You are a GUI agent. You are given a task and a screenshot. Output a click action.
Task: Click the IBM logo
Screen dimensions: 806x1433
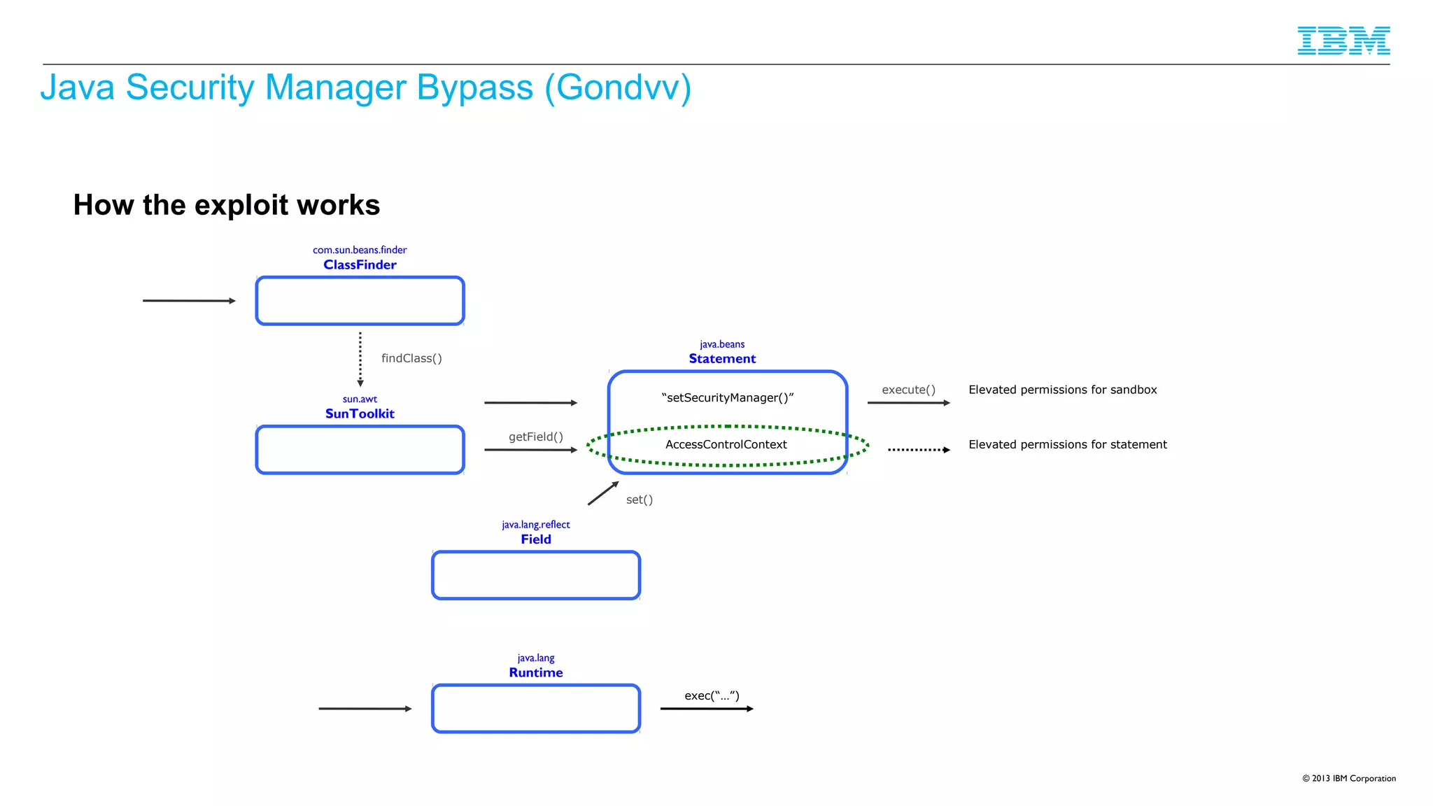click(x=1343, y=41)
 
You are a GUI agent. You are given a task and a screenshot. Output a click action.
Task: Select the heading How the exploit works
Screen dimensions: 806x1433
click(x=226, y=205)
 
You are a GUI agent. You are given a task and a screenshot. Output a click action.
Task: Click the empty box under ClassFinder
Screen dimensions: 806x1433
click(x=360, y=301)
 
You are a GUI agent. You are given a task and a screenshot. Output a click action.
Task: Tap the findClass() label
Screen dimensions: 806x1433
click(x=411, y=358)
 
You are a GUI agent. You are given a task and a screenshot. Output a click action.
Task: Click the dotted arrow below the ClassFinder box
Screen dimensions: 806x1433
click(x=360, y=359)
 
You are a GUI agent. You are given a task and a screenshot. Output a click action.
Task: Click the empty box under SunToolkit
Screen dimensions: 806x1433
click(x=360, y=450)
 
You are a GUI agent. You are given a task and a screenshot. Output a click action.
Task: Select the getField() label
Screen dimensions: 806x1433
click(x=535, y=437)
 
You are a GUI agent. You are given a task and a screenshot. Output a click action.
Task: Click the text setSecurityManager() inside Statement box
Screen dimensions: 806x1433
click(x=727, y=397)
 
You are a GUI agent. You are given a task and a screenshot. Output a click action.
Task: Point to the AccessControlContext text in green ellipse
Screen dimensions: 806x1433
click(x=726, y=444)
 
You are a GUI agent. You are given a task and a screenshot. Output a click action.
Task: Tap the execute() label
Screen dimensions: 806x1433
click(x=908, y=390)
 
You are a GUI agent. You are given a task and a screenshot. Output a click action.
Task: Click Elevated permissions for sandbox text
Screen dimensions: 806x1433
click(x=1062, y=390)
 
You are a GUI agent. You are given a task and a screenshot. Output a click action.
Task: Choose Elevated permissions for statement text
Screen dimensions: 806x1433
click(x=1067, y=444)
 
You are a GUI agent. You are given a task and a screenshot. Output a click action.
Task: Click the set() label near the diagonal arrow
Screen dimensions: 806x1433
click(x=639, y=500)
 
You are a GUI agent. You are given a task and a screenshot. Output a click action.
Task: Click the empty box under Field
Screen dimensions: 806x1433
click(x=536, y=575)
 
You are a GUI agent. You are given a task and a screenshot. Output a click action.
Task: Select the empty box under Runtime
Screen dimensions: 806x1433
click(x=536, y=709)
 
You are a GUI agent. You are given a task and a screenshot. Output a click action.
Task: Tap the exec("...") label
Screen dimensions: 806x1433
click(x=712, y=695)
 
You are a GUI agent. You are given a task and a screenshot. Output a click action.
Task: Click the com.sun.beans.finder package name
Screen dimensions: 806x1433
click(x=360, y=250)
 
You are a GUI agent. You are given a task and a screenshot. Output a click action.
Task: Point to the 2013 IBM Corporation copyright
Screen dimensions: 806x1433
click(x=1348, y=778)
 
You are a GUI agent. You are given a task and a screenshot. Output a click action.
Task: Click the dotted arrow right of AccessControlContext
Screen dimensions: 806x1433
click(x=918, y=450)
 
